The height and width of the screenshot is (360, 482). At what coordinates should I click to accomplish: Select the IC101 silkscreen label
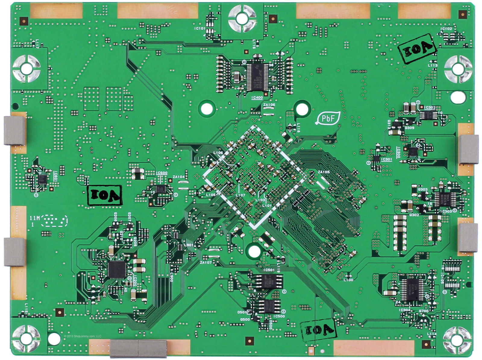[200, 28]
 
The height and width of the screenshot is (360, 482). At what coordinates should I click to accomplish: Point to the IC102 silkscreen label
[446, 29]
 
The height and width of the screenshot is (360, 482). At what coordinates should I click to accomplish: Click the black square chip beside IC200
[116, 269]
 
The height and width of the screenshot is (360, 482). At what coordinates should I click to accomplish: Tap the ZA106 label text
[269, 105]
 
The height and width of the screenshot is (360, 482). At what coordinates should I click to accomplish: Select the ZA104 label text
[179, 177]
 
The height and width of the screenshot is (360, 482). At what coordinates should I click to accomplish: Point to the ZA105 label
[324, 172]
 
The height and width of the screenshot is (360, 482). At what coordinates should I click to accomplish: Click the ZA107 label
[205, 262]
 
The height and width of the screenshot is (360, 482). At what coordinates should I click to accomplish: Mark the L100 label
[348, 280]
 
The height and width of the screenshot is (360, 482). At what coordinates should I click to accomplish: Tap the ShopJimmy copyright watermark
[83, 336]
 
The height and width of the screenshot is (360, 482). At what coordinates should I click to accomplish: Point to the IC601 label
[56, 175]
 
